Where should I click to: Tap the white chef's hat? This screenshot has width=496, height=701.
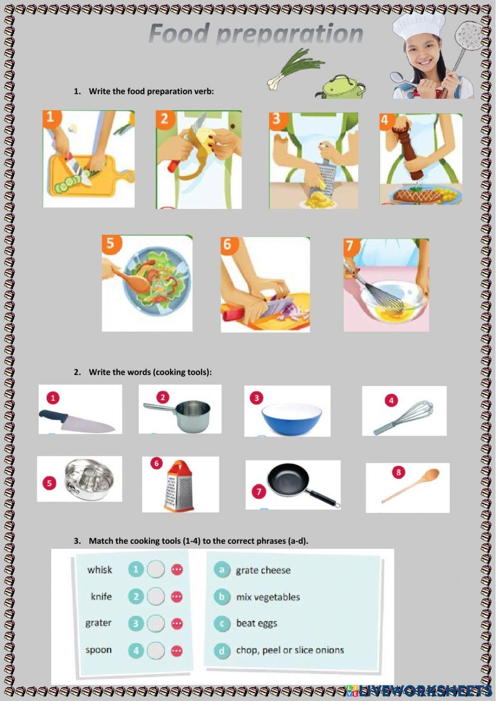[419, 29]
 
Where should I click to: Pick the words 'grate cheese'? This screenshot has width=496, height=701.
[263, 570]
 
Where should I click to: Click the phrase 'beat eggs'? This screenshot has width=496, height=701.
[256, 624]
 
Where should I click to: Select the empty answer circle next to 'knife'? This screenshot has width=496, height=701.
[156, 596]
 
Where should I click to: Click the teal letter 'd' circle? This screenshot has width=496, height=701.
[222, 651]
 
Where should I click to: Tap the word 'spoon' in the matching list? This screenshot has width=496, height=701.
[99, 650]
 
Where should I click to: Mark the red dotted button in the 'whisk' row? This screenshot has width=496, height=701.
[177, 569]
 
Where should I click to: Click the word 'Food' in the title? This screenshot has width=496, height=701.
[179, 33]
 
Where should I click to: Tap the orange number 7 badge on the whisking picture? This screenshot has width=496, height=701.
[350, 246]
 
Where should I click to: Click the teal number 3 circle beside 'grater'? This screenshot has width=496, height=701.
[136, 624]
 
